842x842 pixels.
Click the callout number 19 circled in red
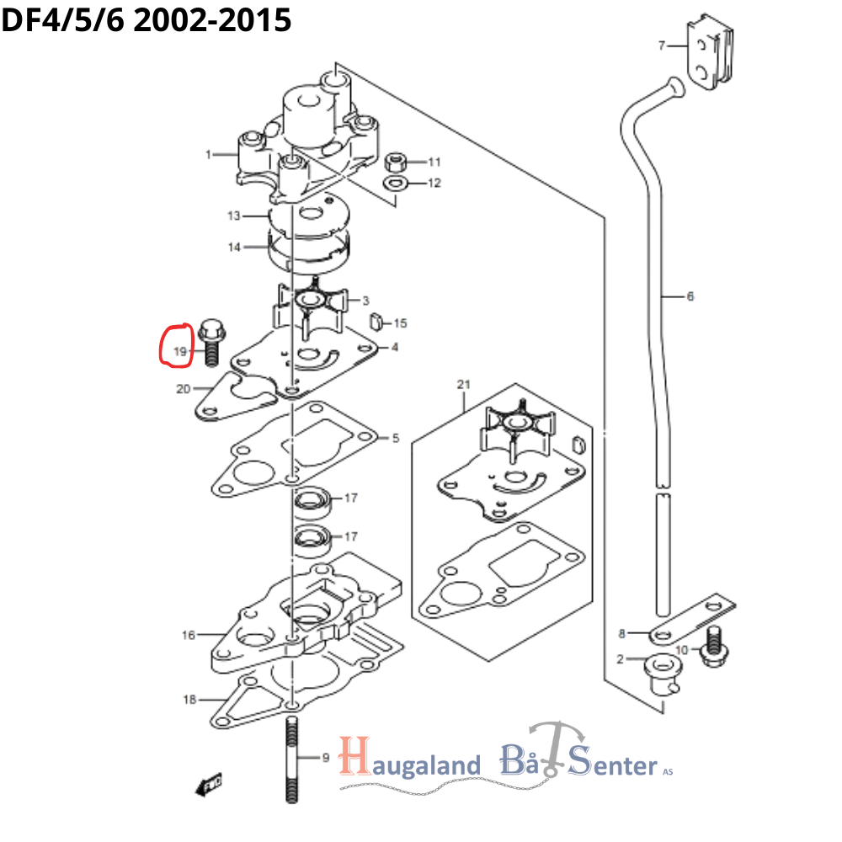179,351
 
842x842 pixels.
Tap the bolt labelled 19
210,342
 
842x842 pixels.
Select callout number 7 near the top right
662,45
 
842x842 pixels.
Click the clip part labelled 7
711,54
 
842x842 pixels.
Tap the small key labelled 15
378,321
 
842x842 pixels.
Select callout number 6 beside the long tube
690,296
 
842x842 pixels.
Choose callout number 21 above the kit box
462,385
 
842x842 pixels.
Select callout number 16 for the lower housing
189,635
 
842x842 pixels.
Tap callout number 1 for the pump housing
208,154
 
